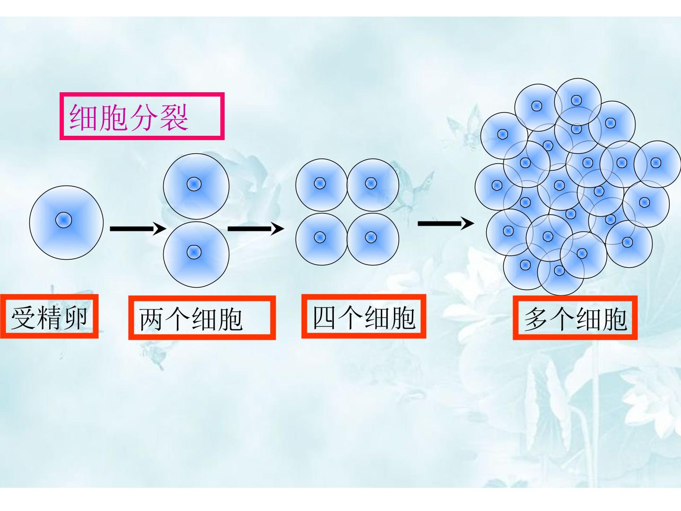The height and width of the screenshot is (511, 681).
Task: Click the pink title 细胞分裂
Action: [129, 117]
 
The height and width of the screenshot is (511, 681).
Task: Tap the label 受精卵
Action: [49, 317]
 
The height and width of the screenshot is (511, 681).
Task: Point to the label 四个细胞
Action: [364, 317]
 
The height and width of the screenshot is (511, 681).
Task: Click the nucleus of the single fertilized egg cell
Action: [63, 220]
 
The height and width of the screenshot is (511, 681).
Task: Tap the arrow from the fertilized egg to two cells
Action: [138, 229]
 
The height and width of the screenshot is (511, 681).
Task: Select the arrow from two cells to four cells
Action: [256, 229]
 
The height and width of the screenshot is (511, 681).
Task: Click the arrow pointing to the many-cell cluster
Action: [446, 223]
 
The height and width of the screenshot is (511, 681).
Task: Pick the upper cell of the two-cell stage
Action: [196, 186]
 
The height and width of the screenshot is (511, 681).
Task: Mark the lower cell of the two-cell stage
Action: [196, 254]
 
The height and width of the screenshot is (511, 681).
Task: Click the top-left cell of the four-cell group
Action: [322, 185]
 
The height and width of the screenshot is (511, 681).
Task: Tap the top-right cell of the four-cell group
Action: [373, 185]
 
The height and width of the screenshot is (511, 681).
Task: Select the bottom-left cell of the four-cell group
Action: [322, 239]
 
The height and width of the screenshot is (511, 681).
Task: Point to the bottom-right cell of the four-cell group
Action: [373, 239]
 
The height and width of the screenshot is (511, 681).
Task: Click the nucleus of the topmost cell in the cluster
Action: [576, 100]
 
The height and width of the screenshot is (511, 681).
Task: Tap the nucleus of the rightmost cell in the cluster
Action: [655, 163]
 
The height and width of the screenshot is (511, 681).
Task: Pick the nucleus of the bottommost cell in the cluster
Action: [559, 271]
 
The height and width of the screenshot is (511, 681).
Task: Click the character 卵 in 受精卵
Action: [74, 317]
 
